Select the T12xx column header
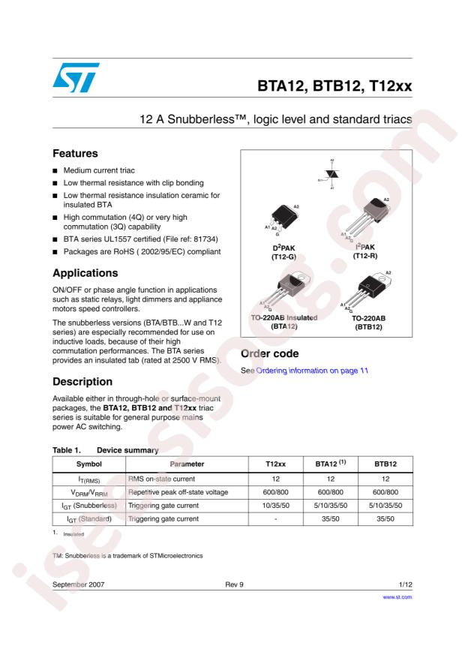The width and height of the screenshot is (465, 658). [274, 464]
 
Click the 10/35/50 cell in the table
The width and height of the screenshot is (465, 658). [274, 506]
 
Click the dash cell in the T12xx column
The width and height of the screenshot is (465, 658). [274, 519]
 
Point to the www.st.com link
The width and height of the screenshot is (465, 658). [397, 597]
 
